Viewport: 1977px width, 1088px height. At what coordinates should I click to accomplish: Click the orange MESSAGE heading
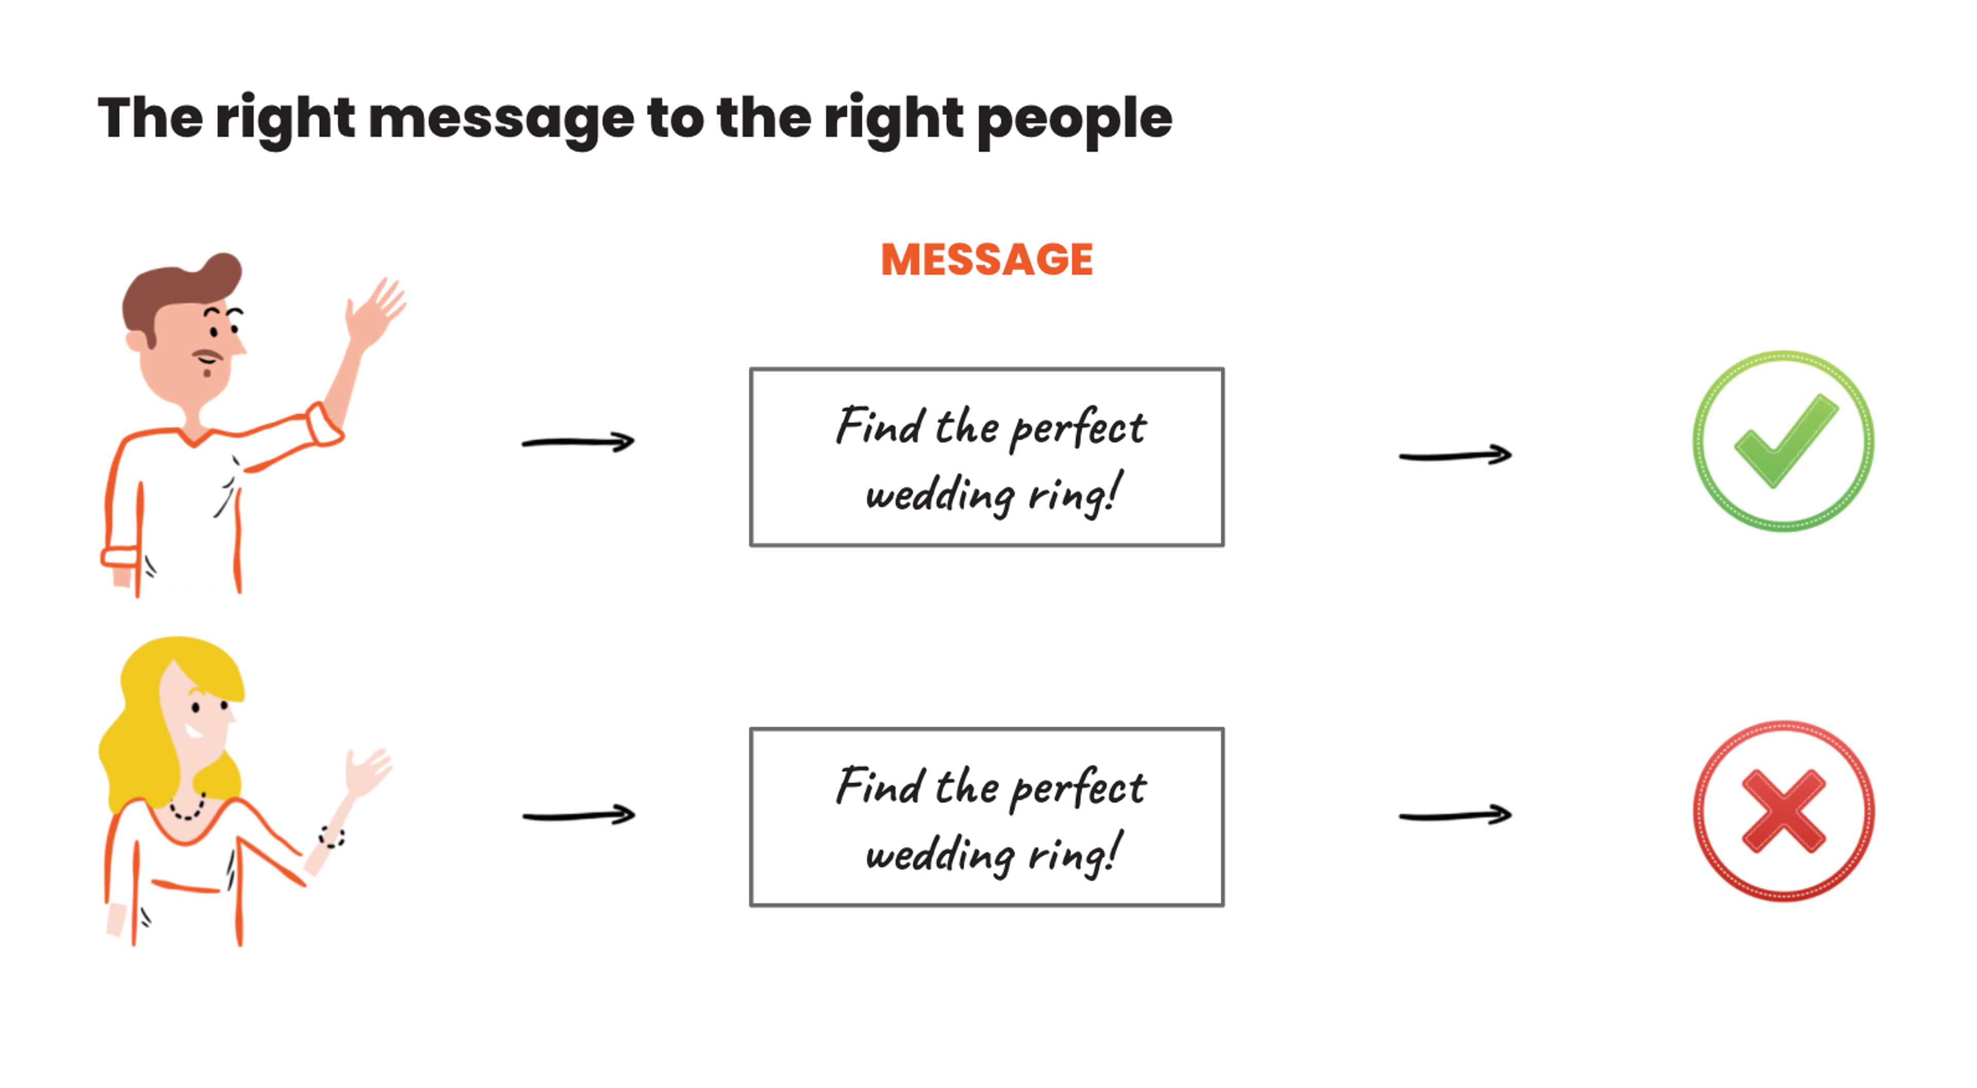986,260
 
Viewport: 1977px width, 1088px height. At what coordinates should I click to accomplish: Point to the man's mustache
206,355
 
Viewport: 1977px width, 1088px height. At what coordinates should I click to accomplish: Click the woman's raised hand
367,772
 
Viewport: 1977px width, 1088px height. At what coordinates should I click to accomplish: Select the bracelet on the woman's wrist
332,836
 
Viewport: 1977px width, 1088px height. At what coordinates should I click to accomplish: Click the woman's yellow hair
138,737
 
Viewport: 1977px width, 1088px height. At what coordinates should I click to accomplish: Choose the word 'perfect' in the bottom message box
1078,788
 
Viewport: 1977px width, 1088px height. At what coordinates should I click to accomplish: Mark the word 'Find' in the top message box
879,426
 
